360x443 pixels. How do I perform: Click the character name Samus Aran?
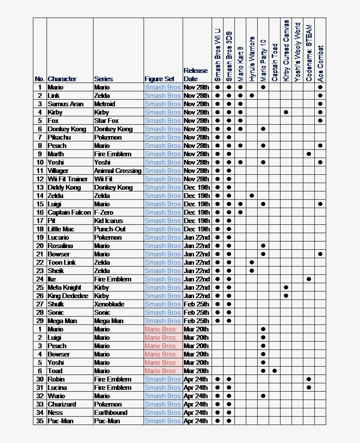click(x=65, y=104)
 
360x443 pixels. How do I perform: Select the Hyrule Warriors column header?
click(x=252, y=58)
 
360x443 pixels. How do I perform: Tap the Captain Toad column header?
click(x=274, y=61)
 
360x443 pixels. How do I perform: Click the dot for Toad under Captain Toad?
click(x=274, y=371)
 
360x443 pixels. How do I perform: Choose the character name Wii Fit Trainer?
click(x=68, y=179)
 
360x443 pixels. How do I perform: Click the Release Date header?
click(x=195, y=75)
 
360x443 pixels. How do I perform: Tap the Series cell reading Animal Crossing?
click(x=117, y=171)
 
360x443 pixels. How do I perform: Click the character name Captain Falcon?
click(x=69, y=212)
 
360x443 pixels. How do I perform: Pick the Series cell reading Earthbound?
click(x=111, y=413)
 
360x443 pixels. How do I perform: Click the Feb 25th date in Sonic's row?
click(x=196, y=313)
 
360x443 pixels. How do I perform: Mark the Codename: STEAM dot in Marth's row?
click(x=309, y=154)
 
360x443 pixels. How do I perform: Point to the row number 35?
click(x=40, y=421)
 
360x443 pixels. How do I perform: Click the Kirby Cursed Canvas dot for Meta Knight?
click(x=286, y=288)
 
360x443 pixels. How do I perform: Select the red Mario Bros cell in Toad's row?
click(x=160, y=371)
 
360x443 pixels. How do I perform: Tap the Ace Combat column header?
click(x=320, y=63)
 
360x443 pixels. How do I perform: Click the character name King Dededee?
click(x=68, y=296)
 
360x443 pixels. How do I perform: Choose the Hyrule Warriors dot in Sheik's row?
click(x=252, y=271)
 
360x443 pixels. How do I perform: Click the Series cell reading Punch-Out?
click(x=110, y=229)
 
